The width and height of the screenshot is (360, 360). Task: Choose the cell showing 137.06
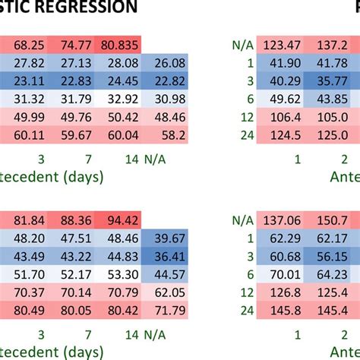(283, 221)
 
